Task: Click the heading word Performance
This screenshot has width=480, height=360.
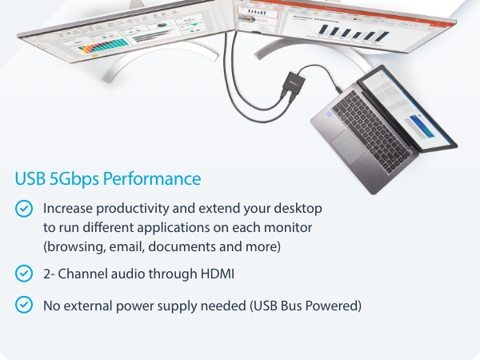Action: [159, 178]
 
